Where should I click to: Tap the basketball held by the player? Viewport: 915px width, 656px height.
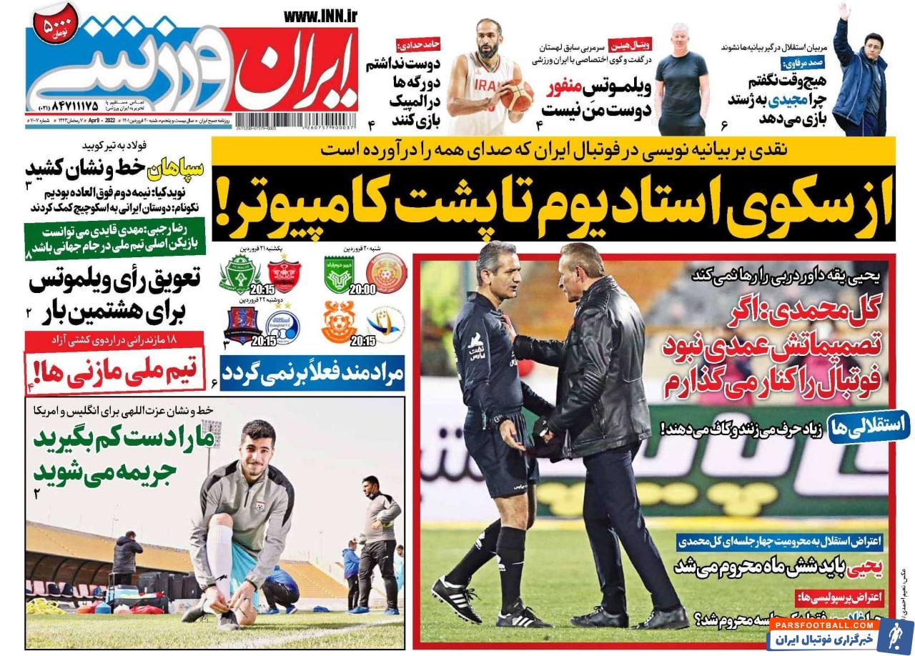tap(516, 95)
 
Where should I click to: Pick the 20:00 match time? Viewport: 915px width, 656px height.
tap(362, 289)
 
